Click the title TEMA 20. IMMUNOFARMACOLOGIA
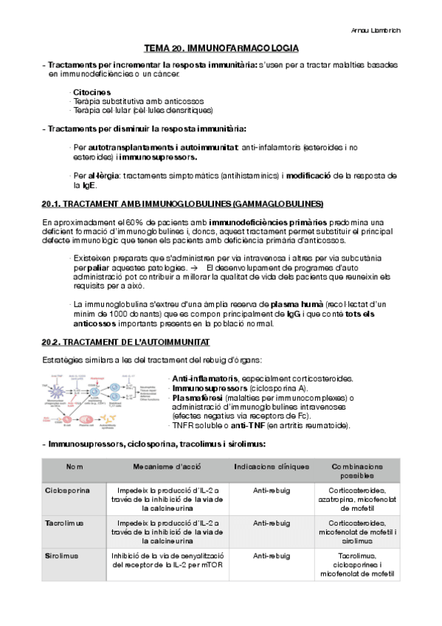click(221, 48)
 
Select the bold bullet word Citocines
click(92, 92)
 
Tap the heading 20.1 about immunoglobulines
click(183, 203)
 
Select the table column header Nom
click(75, 467)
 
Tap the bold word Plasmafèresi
click(197, 397)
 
